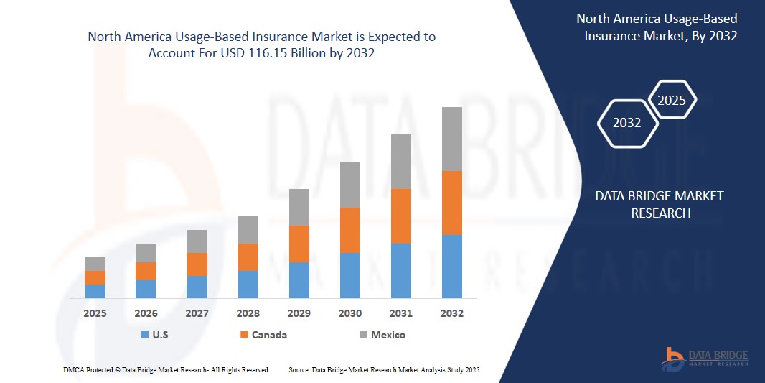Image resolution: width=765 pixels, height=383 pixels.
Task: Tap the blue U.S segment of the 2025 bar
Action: tap(95, 291)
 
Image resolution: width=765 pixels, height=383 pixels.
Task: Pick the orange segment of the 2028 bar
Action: tap(248, 257)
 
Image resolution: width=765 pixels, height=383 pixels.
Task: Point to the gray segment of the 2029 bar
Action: tap(299, 207)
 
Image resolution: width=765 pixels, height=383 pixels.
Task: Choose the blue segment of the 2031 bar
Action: tap(400, 270)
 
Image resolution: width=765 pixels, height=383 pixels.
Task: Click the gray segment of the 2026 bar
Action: tap(146, 252)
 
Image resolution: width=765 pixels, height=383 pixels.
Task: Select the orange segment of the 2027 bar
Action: tap(197, 264)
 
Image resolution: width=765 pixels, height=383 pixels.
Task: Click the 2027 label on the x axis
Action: tap(197, 314)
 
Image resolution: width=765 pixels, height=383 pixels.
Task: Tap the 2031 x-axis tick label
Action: tap(400, 314)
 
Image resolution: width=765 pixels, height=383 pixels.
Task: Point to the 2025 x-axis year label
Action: tap(95, 314)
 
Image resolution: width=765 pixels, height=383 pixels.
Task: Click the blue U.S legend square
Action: tap(144, 335)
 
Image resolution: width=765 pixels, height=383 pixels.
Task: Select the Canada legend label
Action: tap(269, 335)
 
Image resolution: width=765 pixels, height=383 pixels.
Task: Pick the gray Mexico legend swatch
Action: tap(363, 335)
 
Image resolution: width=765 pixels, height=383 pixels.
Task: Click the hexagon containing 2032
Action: tap(627, 123)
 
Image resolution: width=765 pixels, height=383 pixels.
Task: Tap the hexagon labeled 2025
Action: tap(672, 101)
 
